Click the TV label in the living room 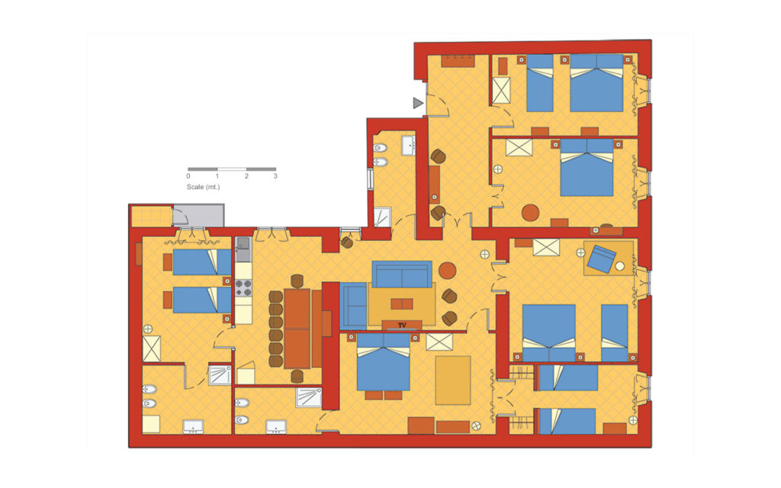pos(402,325)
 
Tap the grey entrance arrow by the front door pos(418,103)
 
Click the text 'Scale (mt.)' pos(203,187)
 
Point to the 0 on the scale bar pos(188,176)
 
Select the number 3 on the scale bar pos(275,176)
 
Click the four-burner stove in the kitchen pos(243,287)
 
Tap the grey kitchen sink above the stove pos(243,244)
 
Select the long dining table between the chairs pos(297,328)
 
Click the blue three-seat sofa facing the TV pos(402,274)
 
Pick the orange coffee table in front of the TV pos(401,303)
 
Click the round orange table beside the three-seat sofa pos(447,271)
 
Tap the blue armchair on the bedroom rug pos(601,258)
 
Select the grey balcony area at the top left pos(198,215)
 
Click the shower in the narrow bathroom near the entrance pos(383,217)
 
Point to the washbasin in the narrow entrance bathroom pos(409,145)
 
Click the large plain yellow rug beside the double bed pos(453,380)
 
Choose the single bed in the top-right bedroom pos(540,83)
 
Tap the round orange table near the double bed pos(531,213)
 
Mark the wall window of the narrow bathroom pos(370,178)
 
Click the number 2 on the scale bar pos(246,176)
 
